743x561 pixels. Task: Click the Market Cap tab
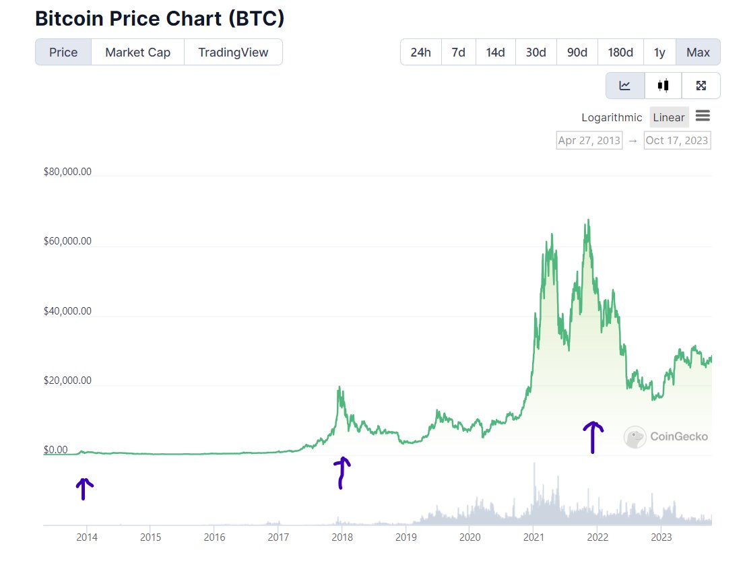pos(137,53)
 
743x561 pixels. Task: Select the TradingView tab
pos(233,53)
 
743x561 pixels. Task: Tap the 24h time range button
pos(420,53)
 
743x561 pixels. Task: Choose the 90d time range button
pos(577,53)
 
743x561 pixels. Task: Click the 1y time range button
pos(659,53)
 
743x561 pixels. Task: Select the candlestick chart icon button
pos(663,86)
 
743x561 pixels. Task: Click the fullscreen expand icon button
pos(701,86)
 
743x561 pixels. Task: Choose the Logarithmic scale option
pos(612,117)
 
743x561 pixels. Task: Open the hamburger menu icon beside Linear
pos(703,116)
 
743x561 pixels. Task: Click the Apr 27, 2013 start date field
pos(589,140)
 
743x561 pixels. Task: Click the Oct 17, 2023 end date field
pos(677,140)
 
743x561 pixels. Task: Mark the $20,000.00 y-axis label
pos(67,381)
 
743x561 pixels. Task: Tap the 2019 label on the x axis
pos(406,537)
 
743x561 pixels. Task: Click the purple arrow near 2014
pos(84,488)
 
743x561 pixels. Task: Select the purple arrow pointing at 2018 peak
pos(342,471)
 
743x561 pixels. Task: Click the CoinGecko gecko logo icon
pos(635,437)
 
